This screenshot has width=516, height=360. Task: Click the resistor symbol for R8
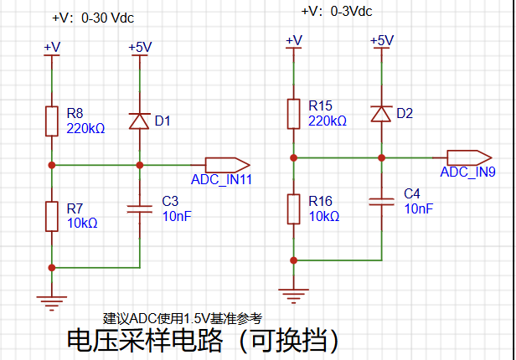pyautogui.click(x=52, y=121)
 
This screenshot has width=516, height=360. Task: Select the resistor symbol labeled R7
pyautogui.click(x=52, y=216)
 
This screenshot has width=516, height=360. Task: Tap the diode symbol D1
pyautogui.click(x=140, y=121)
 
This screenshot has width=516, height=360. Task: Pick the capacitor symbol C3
pyautogui.click(x=140, y=209)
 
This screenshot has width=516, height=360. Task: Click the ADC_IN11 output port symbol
pyautogui.click(x=227, y=165)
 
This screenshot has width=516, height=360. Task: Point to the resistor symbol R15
pyautogui.click(x=293, y=114)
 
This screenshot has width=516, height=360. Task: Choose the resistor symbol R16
pyautogui.click(x=293, y=209)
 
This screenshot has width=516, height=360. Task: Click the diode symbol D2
pyautogui.click(x=381, y=114)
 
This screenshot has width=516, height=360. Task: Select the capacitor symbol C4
pyautogui.click(x=381, y=202)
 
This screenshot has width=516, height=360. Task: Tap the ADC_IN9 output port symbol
pyautogui.click(x=469, y=157)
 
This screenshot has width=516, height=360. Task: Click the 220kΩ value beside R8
pyautogui.click(x=85, y=128)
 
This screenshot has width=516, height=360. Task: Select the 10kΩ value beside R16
pyautogui.click(x=324, y=216)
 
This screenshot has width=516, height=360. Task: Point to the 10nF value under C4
pyautogui.click(x=419, y=208)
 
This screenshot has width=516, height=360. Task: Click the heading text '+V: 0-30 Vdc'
pyautogui.click(x=93, y=18)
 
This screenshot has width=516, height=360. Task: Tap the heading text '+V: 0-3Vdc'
pyautogui.click(x=337, y=12)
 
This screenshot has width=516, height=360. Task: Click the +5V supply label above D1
pyautogui.click(x=140, y=47)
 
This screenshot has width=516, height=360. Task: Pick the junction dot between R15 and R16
pyautogui.click(x=293, y=158)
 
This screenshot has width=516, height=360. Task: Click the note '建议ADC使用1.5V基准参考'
pyautogui.click(x=183, y=319)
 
